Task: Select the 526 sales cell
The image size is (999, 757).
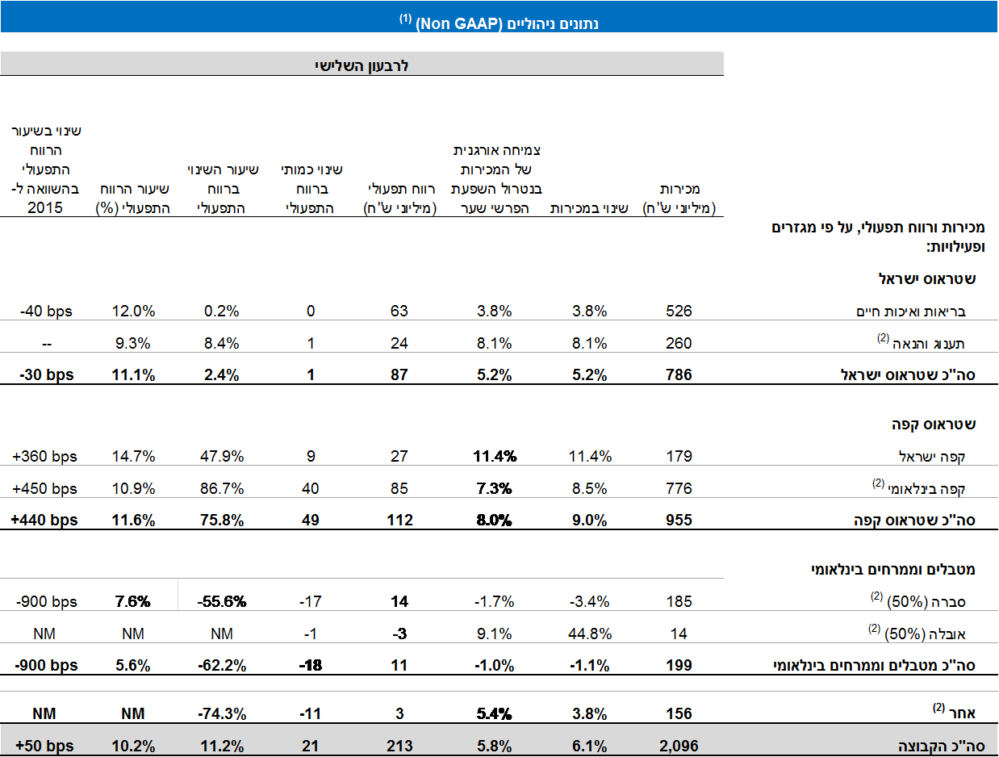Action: click(x=679, y=311)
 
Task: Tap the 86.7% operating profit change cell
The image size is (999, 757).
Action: click(x=222, y=488)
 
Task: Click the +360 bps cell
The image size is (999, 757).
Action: click(x=45, y=456)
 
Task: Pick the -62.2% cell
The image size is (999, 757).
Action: click(x=222, y=665)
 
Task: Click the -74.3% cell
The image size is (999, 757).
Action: click(x=222, y=713)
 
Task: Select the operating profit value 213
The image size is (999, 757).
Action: click(x=399, y=746)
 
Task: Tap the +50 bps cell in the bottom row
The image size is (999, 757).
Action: click(x=45, y=746)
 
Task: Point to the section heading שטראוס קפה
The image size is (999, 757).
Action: click(x=936, y=424)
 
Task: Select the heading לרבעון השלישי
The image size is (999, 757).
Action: click(x=362, y=65)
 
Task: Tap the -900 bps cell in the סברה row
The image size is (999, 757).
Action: click(x=45, y=601)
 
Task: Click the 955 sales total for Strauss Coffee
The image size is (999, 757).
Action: click(x=679, y=520)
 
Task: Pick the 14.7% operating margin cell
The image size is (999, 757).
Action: click(x=133, y=456)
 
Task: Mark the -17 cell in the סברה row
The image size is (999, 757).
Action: click(x=311, y=601)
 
